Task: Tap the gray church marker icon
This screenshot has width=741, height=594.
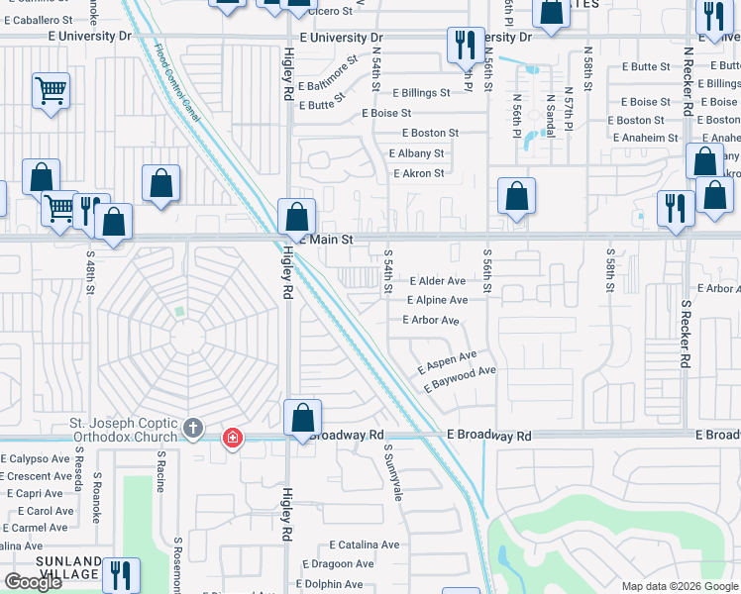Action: [193, 430]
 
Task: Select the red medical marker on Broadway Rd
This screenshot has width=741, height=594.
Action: [232, 438]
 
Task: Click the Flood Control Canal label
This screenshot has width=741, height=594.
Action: [178, 83]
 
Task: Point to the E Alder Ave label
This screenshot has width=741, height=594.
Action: [437, 281]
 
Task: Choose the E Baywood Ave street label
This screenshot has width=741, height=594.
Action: [460, 379]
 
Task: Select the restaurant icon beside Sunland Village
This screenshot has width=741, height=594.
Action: [121, 574]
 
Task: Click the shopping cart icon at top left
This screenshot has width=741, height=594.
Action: [51, 91]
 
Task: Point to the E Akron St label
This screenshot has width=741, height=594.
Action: [418, 173]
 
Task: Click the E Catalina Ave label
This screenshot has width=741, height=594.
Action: [364, 544]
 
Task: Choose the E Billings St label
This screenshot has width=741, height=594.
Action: [419, 93]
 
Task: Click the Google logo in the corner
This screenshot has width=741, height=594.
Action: [33, 582]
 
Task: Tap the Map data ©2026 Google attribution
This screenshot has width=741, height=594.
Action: [679, 586]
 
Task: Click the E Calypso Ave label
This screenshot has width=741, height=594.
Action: [36, 458]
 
